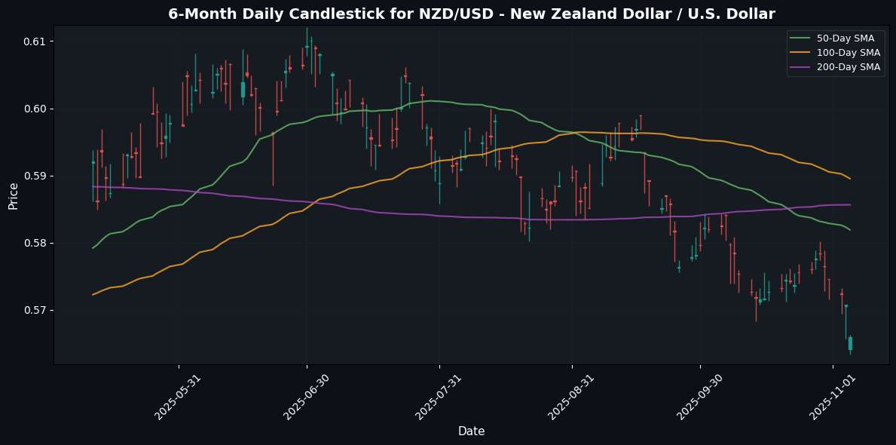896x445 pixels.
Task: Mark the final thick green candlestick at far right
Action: (850, 343)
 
